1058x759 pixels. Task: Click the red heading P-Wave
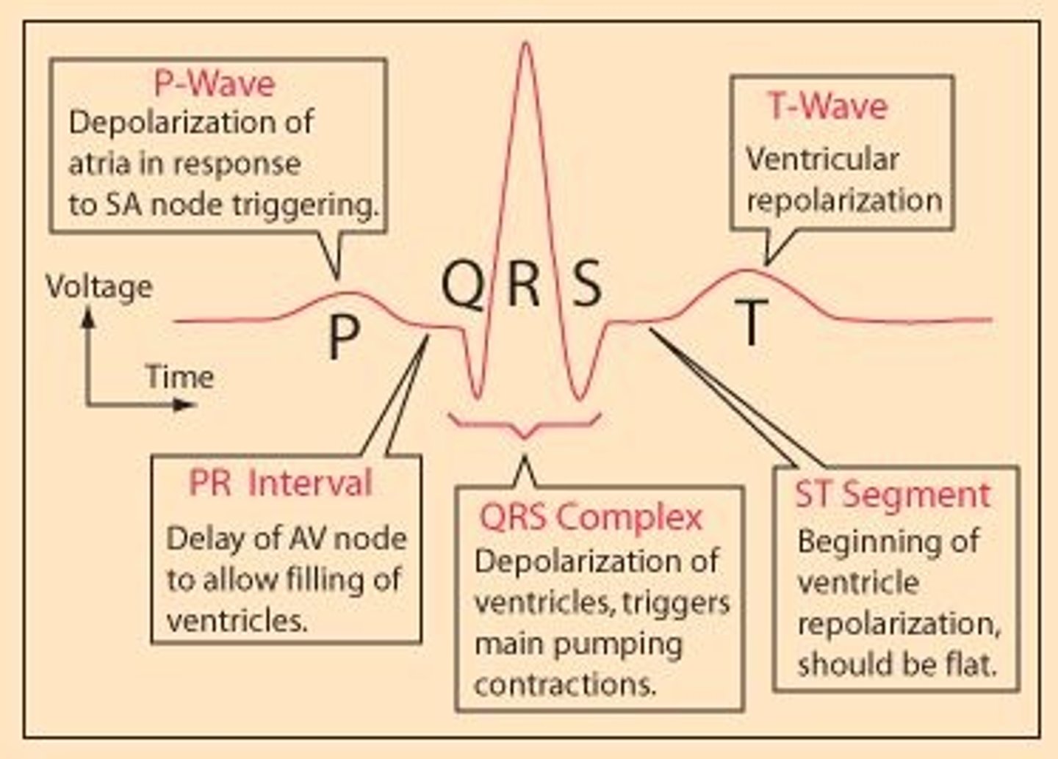pyautogui.click(x=214, y=84)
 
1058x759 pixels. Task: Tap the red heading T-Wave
pyautogui.click(x=827, y=106)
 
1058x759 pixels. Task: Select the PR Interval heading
pyautogui.click(x=281, y=484)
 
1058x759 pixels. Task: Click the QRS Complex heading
pyautogui.click(x=591, y=517)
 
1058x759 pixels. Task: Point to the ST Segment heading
pyautogui.click(x=893, y=495)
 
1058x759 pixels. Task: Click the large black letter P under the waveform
pyautogui.click(x=344, y=337)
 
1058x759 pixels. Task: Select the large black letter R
pyautogui.click(x=524, y=285)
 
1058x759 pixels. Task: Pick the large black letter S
pyautogui.click(x=586, y=285)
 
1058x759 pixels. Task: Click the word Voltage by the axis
pyautogui.click(x=99, y=287)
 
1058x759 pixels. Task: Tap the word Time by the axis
pyautogui.click(x=179, y=377)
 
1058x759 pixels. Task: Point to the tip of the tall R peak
pyautogui.click(x=525, y=44)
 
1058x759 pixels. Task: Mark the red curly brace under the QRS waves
pyautogui.click(x=525, y=424)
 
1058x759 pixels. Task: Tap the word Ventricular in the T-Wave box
pyautogui.click(x=822, y=160)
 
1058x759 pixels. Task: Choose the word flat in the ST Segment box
pyautogui.click(x=972, y=665)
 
